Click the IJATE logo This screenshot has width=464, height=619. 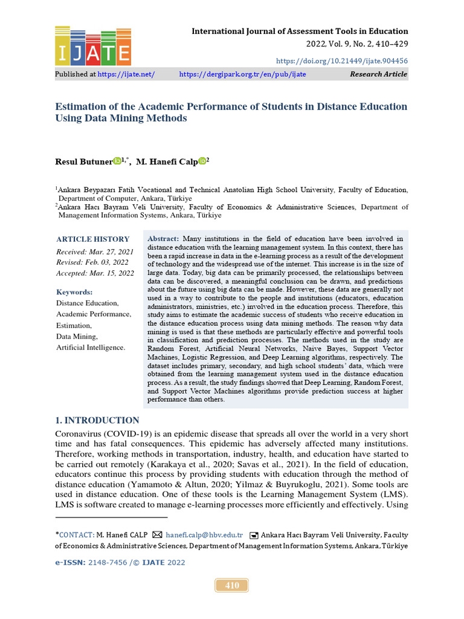[x=93, y=46]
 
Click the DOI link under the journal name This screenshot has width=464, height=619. [x=342, y=61]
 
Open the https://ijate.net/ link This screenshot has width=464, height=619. [x=126, y=74]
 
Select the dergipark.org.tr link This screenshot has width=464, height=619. [x=243, y=74]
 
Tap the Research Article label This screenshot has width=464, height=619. [x=378, y=74]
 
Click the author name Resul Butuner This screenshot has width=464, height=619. [x=83, y=161]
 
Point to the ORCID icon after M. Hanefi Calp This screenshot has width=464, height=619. [x=202, y=161]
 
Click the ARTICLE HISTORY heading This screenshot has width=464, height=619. [x=92, y=239]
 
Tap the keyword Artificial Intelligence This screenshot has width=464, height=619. [x=91, y=348]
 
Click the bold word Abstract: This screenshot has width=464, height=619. [x=163, y=239]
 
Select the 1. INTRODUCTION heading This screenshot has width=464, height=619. [x=97, y=421]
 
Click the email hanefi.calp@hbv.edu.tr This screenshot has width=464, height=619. [x=204, y=535]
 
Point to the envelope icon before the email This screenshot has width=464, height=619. [x=157, y=535]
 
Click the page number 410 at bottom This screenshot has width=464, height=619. [x=232, y=585]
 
